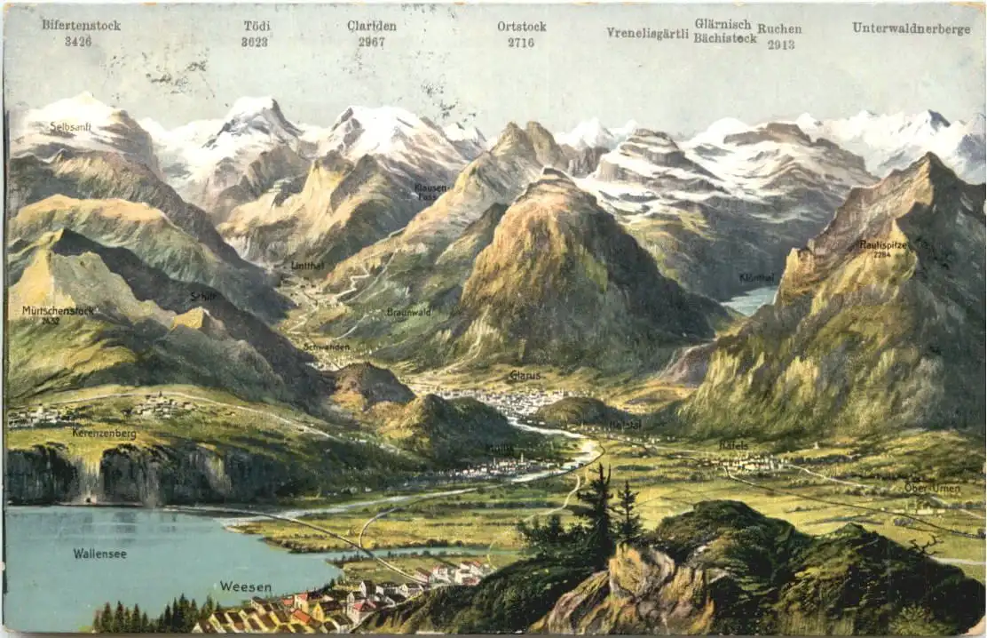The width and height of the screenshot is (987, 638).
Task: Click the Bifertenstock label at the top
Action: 81,25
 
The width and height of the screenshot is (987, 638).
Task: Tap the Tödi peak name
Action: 256,26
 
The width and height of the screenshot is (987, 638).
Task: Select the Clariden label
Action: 371,26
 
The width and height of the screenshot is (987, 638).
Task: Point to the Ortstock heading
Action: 521,27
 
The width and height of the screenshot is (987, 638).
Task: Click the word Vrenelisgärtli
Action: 647,33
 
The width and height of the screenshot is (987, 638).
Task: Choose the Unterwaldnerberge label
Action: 911,28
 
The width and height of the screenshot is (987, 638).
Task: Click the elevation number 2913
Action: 781,44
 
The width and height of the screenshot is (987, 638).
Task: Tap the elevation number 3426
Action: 78,41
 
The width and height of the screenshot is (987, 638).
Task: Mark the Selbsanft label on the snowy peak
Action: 70,127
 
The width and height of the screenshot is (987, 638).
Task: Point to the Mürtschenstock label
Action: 58,311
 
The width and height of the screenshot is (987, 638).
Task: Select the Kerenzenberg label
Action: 105,434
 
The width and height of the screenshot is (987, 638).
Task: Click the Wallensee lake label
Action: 99,554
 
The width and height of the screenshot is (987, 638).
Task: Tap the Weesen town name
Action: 245,586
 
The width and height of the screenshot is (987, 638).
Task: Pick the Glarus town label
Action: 525,376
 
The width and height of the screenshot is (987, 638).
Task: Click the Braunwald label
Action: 408,313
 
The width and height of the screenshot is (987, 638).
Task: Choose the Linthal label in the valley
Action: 307,266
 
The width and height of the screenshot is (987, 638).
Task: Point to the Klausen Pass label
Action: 430,192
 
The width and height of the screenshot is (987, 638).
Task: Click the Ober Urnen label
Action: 932,487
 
